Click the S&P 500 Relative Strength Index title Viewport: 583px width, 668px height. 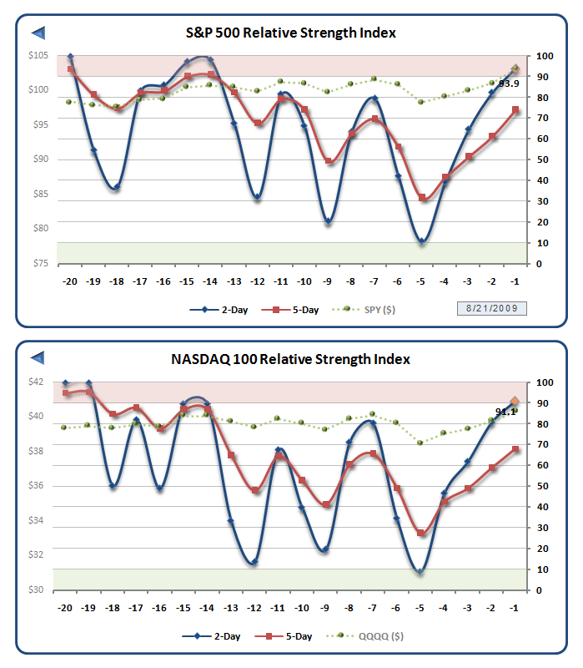click(291, 33)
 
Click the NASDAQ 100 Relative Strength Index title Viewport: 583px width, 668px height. click(291, 359)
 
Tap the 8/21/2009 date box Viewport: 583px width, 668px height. click(491, 309)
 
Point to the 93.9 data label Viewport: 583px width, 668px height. click(510, 83)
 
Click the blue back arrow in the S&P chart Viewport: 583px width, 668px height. click(38, 33)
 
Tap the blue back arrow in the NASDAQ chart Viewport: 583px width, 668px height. click(38, 359)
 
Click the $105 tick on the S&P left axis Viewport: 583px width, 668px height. click(38, 55)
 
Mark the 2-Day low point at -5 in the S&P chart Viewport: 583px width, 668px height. click(422, 241)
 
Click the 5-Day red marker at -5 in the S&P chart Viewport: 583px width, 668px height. click(422, 198)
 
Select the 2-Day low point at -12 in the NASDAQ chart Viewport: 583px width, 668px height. click(254, 563)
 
